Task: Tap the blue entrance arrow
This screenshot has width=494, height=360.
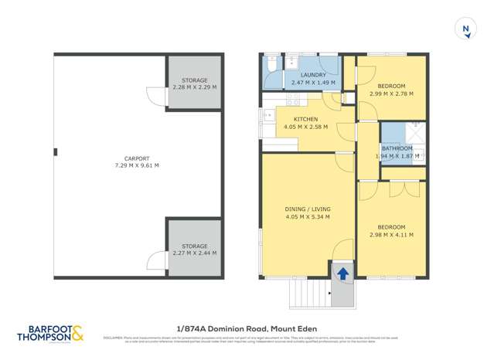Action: coord(341,272)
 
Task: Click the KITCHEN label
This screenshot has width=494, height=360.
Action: coord(306,119)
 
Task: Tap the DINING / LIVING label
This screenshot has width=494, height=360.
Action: coord(308,208)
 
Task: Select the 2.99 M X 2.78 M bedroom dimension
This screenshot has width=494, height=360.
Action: coord(391,93)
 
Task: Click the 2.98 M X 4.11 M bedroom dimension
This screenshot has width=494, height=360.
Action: coord(391,235)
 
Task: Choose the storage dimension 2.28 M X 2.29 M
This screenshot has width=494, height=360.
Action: coord(194,87)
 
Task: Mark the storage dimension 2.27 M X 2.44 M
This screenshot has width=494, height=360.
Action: coord(194,253)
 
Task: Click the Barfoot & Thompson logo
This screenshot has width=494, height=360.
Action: coord(49,334)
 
